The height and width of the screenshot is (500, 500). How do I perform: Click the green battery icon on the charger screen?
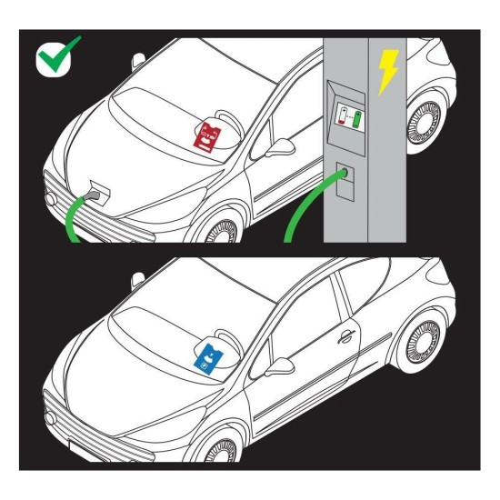357,118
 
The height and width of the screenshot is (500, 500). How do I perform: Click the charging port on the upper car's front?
97,193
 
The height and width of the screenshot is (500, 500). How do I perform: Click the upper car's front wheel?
220,234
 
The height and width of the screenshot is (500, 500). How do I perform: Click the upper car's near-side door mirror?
285,143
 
